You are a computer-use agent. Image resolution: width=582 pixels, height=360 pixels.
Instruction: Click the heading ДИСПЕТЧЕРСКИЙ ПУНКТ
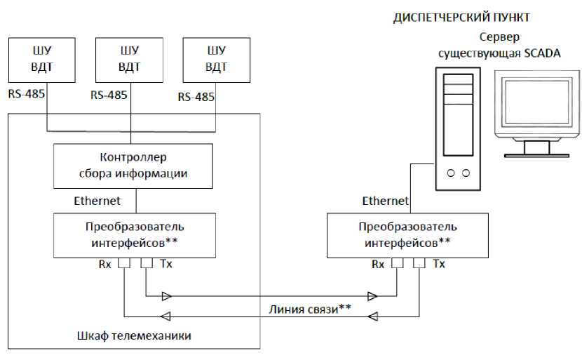pos(461,18)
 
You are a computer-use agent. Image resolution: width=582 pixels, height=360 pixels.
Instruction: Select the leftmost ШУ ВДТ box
pos(42,60)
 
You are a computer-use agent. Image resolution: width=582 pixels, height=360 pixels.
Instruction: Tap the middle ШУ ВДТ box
pos(129,60)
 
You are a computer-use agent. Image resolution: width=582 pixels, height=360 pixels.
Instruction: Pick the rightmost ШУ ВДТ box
pos(217,60)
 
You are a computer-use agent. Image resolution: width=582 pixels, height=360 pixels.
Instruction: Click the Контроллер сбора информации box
pos(133,166)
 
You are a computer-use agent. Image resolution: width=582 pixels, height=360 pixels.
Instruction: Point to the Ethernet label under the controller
pos(97,201)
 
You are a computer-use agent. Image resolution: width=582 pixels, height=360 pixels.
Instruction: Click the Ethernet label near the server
pos(385,201)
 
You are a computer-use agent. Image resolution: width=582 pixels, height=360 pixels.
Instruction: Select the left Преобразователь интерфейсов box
pos(135,236)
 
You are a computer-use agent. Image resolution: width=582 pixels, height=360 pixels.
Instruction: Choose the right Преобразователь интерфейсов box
pos(407,236)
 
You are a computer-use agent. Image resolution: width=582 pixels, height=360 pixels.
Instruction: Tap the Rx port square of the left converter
pos(124,263)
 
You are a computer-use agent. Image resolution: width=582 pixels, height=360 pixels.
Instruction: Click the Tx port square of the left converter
pos(147,263)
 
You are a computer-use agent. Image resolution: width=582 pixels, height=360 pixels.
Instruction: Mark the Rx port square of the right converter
pos(397,263)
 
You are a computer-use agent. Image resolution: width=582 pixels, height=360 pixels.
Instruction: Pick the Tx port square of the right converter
pos(419,263)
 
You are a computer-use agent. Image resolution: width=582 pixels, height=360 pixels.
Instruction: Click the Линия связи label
pos(310,309)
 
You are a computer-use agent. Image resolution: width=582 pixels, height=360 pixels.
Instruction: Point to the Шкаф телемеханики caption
pos(134,336)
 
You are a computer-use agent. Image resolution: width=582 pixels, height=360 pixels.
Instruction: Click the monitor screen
pos(537,102)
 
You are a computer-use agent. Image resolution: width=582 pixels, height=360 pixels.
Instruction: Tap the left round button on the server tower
pos(451,173)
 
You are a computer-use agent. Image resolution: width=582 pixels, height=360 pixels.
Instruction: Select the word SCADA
pos(542,53)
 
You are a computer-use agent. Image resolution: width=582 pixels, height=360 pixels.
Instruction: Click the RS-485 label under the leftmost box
pos(27,94)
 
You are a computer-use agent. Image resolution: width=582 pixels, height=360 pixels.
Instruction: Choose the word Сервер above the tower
pos(499,36)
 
